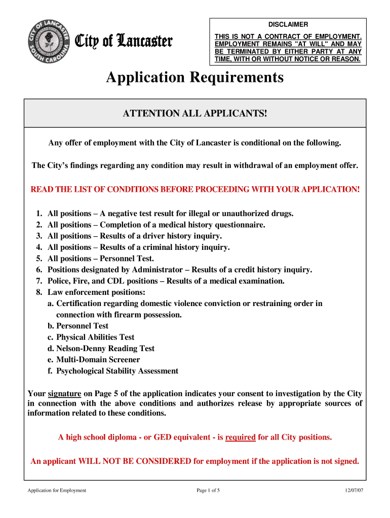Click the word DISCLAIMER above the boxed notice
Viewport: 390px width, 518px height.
click(288, 24)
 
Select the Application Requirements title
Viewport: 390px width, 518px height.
click(194, 78)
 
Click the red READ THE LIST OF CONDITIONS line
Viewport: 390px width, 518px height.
click(195, 189)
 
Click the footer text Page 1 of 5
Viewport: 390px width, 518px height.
click(208, 490)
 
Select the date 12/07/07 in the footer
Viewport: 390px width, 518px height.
click(353, 490)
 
